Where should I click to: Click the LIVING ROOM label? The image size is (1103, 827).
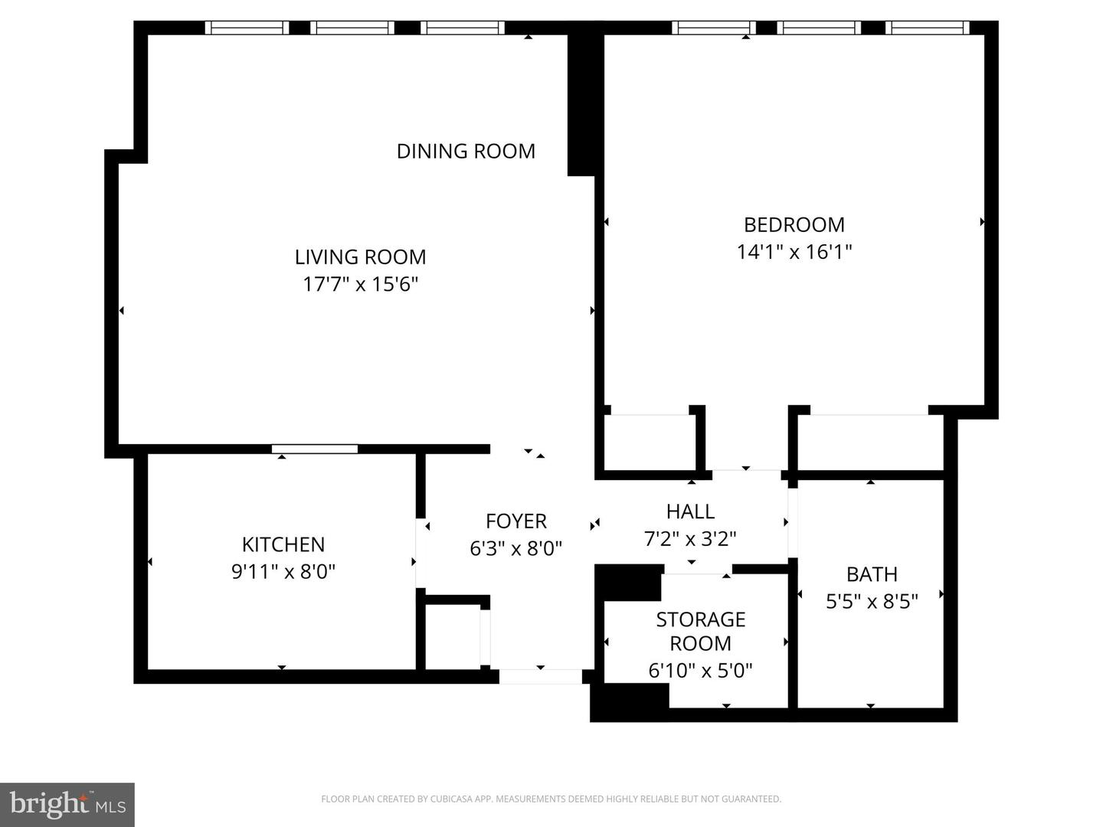pos(360,257)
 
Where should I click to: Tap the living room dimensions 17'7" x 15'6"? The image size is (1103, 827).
pos(360,285)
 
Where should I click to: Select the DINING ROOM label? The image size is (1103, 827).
pos(466,151)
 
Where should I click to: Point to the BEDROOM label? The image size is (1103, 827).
pos(794,224)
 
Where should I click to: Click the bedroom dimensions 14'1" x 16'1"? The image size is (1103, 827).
pos(794,252)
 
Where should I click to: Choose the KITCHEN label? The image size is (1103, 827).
pos(283,544)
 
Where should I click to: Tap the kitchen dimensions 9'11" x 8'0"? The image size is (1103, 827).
pos(283,571)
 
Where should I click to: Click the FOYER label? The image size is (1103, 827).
pos(516,521)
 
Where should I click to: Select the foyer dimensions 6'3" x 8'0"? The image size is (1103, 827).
pos(516,548)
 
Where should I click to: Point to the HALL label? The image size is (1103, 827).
pos(690,512)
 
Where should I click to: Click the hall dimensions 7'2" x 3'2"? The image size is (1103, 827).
pos(690,539)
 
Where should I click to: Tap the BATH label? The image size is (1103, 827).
pos(872,574)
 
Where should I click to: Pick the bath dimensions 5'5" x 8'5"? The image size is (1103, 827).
pos(872,601)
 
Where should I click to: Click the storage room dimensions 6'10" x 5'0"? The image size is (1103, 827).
pos(701,670)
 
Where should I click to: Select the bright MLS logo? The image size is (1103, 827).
pos(67,804)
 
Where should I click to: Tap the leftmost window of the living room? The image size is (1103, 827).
pos(247,28)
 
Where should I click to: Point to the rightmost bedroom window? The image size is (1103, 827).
pos(927,28)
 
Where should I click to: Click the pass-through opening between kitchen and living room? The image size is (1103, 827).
pos(315,449)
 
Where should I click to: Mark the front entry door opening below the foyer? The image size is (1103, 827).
pos(540,676)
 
